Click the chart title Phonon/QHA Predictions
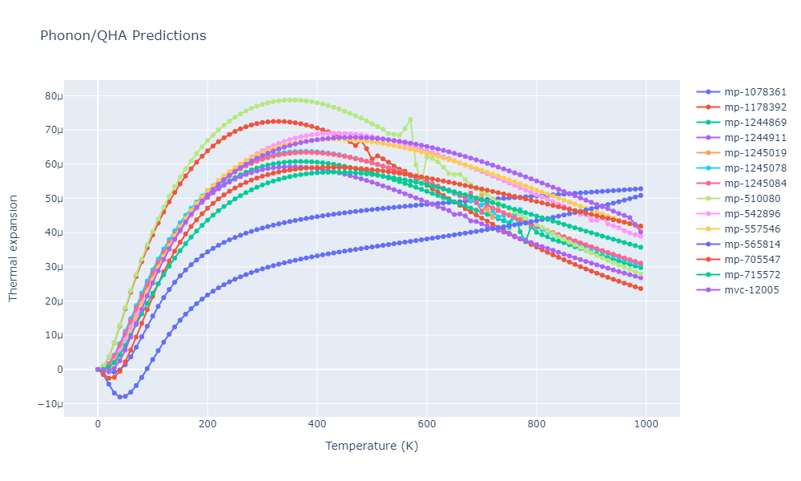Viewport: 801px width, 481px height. (x=123, y=36)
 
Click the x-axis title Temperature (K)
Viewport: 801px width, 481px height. (x=371, y=447)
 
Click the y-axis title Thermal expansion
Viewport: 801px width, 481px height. (x=13, y=240)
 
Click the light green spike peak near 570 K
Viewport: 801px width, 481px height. (x=410, y=119)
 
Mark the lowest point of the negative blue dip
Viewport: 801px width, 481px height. (x=120, y=397)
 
